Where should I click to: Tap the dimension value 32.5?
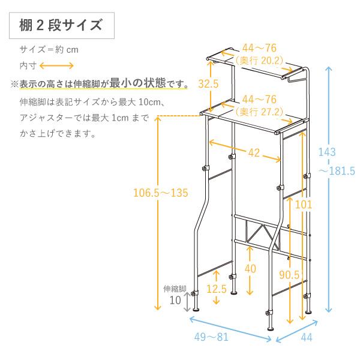point(208,84)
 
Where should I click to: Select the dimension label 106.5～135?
point(161,193)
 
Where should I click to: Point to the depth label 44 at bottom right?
point(306,337)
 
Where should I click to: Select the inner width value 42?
point(254,152)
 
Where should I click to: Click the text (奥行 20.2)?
point(260,60)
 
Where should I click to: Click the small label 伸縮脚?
point(175,288)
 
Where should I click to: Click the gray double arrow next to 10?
point(188,301)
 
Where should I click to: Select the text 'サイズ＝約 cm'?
point(49,49)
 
